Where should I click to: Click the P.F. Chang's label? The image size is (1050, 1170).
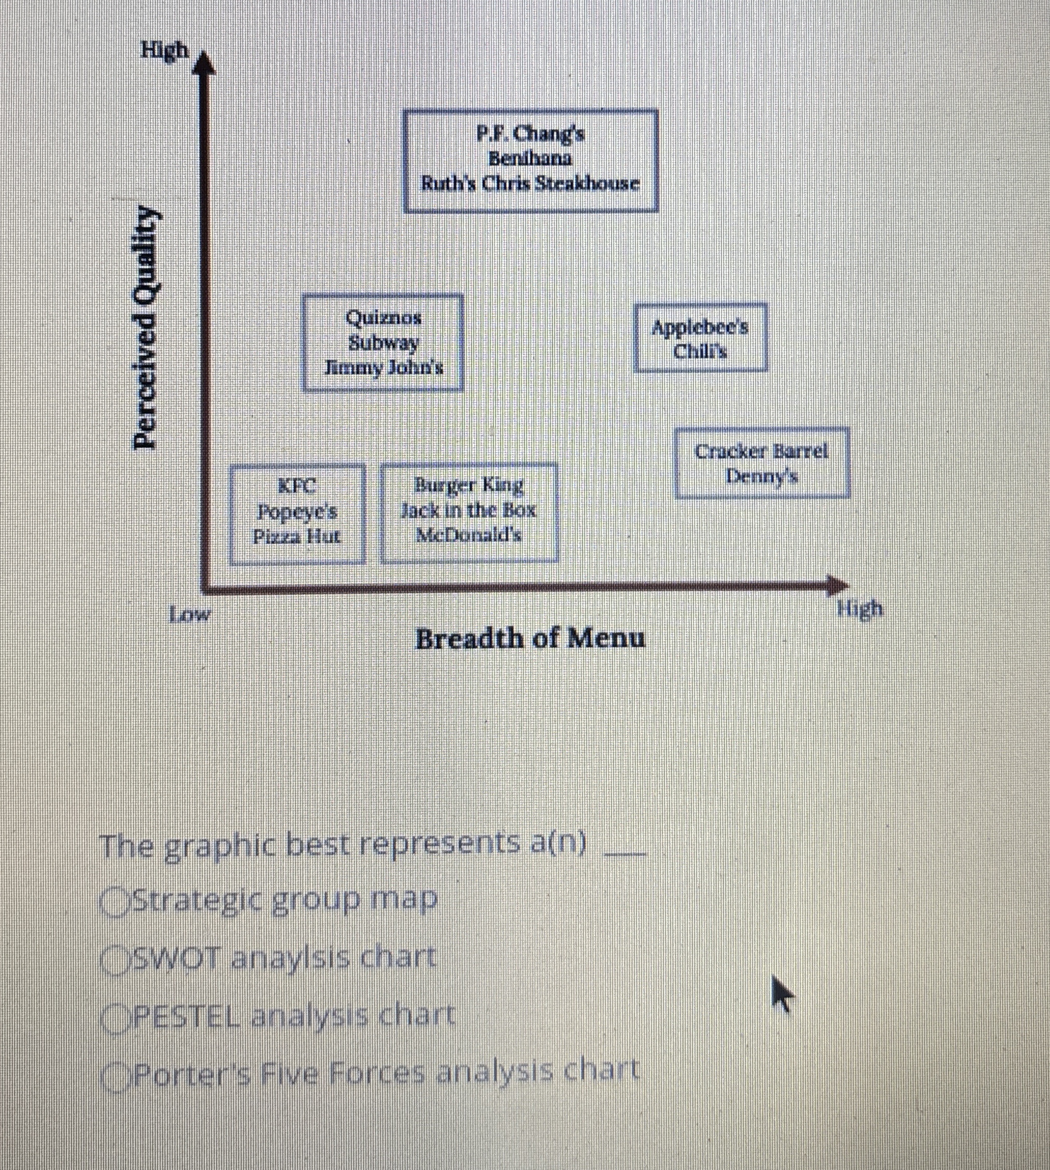[x=530, y=134]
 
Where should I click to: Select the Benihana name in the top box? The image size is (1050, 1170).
[x=530, y=159]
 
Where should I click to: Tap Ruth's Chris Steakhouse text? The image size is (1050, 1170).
[x=530, y=184]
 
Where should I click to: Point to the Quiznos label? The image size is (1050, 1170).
[x=383, y=317]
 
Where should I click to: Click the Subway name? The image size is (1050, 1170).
[x=383, y=343]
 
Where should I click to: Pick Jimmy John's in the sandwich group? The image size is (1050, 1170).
[x=384, y=368]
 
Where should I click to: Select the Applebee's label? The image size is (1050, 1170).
[x=700, y=327]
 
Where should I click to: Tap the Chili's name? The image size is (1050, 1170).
[x=700, y=351]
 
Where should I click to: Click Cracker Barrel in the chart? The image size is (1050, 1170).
[x=761, y=451]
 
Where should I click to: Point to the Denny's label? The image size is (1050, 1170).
[x=761, y=476]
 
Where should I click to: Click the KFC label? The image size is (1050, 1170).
[x=297, y=486]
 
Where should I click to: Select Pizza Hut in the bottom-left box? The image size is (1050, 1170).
[x=297, y=537]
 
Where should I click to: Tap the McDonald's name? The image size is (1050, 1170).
[x=469, y=535]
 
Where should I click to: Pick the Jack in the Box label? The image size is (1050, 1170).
[x=469, y=511]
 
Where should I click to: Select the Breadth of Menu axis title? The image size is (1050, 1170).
[x=530, y=639]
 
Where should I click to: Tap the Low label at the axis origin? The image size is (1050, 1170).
[x=190, y=615]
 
